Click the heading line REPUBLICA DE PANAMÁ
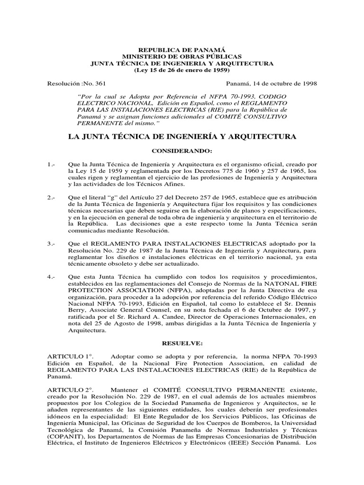tap(182, 50)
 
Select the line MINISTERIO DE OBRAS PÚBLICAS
tap(182, 56)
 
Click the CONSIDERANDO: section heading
tap(182, 151)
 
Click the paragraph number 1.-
tap(52, 163)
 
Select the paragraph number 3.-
tap(52, 243)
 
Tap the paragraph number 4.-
tap(52, 276)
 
